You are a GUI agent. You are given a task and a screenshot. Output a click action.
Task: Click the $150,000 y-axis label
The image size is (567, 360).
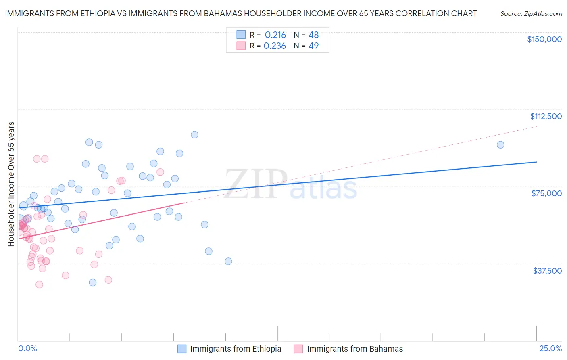[544, 39]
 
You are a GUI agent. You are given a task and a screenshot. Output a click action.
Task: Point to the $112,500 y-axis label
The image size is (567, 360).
[546, 116]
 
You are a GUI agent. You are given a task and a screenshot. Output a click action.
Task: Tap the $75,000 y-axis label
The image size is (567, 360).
[546, 193]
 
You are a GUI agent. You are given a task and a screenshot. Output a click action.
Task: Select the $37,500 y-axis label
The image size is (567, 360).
[547, 271]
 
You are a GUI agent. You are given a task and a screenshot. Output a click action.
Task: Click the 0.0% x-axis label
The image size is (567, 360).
[27, 348]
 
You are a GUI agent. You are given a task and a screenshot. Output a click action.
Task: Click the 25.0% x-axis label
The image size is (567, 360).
[550, 348]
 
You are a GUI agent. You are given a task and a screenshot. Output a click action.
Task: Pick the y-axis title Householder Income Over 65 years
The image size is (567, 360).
[11, 184]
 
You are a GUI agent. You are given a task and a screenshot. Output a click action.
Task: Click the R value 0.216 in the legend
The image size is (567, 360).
[275, 35]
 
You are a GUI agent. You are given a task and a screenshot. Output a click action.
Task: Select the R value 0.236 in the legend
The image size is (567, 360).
[275, 46]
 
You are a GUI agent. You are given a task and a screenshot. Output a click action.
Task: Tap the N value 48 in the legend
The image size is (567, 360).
[313, 35]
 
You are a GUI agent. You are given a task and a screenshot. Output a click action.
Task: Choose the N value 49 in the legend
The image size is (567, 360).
[313, 46]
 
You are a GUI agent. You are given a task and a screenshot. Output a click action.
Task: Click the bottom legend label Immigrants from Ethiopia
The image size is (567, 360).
[236, 349]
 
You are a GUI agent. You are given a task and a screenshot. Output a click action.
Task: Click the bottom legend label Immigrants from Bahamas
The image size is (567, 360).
[355, 349]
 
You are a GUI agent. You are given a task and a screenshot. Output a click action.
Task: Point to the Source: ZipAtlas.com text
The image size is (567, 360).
[531, 14]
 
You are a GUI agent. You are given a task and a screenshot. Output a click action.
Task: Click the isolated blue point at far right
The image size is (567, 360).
[500, 145]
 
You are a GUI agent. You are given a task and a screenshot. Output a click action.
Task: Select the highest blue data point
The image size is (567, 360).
[194, 135]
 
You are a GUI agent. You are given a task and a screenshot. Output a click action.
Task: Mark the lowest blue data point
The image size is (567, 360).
[93, 283]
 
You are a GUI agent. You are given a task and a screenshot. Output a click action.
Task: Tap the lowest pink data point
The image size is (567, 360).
[39, 285]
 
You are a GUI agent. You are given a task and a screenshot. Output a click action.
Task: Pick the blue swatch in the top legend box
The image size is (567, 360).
[241, 35]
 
